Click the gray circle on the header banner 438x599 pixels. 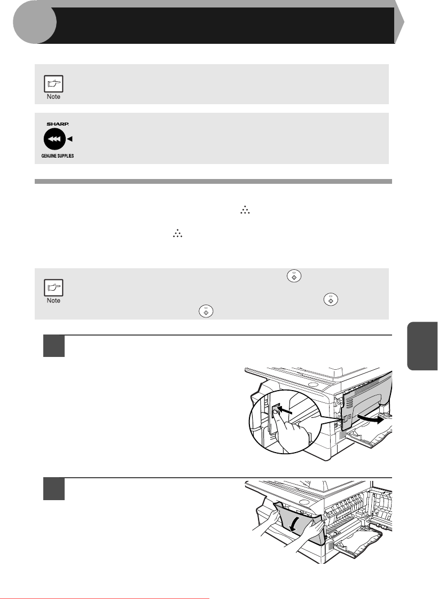click(34, 22)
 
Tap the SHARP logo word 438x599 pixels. click(58, 124)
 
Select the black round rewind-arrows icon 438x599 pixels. click(55, 139)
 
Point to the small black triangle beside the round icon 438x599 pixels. click(70, 139)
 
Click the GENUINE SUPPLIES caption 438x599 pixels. click(58, 156)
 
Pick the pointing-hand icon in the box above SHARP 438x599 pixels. click(53, 84)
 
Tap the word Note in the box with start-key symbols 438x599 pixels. click(53, 301)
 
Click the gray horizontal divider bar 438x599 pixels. click(213, 182)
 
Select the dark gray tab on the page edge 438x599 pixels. click(423, 346)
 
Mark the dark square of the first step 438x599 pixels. click(54, 346)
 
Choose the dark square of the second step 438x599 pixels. click(54, 489)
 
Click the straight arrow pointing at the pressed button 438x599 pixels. click(285, 411)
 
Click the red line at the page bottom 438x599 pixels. click(105, 598)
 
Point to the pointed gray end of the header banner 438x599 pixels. click(399, 22)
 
